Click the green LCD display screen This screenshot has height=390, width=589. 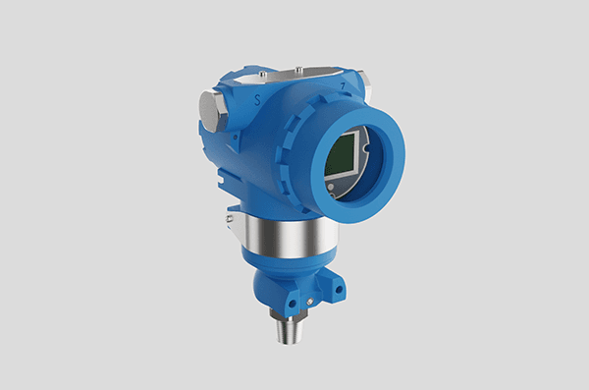(341, 154)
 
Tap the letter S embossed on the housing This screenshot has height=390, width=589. (257, 100)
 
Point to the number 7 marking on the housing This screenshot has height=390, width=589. (343, 86)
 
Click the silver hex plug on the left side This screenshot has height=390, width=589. (210, 111)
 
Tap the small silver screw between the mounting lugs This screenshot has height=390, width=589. (310, 302)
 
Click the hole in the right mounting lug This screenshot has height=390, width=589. (339, 290)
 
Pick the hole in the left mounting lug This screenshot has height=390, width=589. (293, 304)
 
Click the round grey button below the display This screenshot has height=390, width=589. (331, 187)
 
